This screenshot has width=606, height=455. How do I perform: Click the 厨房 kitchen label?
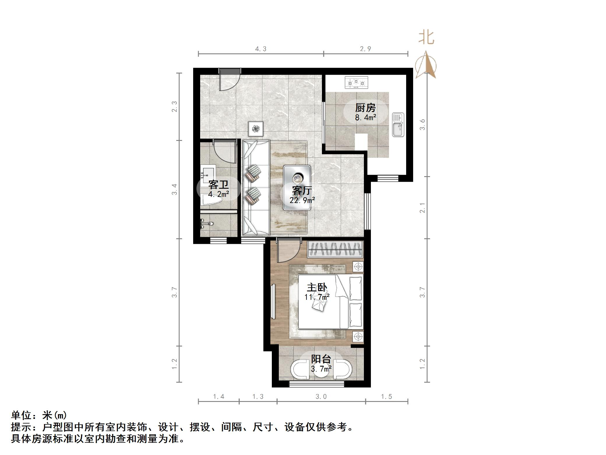[365, 108]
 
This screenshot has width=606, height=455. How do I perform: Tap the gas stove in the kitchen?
[356, 83]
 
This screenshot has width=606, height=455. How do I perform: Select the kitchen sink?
[398, 125]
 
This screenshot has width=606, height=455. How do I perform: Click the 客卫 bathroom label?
[218, 185]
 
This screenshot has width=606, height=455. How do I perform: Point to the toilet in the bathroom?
[211, 200]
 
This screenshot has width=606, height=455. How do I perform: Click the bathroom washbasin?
[207, 173]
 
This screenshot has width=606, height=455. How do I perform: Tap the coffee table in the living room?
[297, 187]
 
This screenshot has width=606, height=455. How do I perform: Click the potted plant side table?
[256, 129]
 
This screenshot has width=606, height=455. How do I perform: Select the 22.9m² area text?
[302, 200]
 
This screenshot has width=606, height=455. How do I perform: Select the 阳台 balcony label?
[321, 359]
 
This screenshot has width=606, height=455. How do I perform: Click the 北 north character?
[426, 38]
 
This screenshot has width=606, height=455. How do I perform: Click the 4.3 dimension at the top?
[261, 49]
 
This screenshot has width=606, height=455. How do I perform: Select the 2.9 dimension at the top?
[365, 49]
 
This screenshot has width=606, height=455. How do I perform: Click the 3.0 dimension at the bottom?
[321, 397]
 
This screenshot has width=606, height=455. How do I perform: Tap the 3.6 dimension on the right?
[423, 125]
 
